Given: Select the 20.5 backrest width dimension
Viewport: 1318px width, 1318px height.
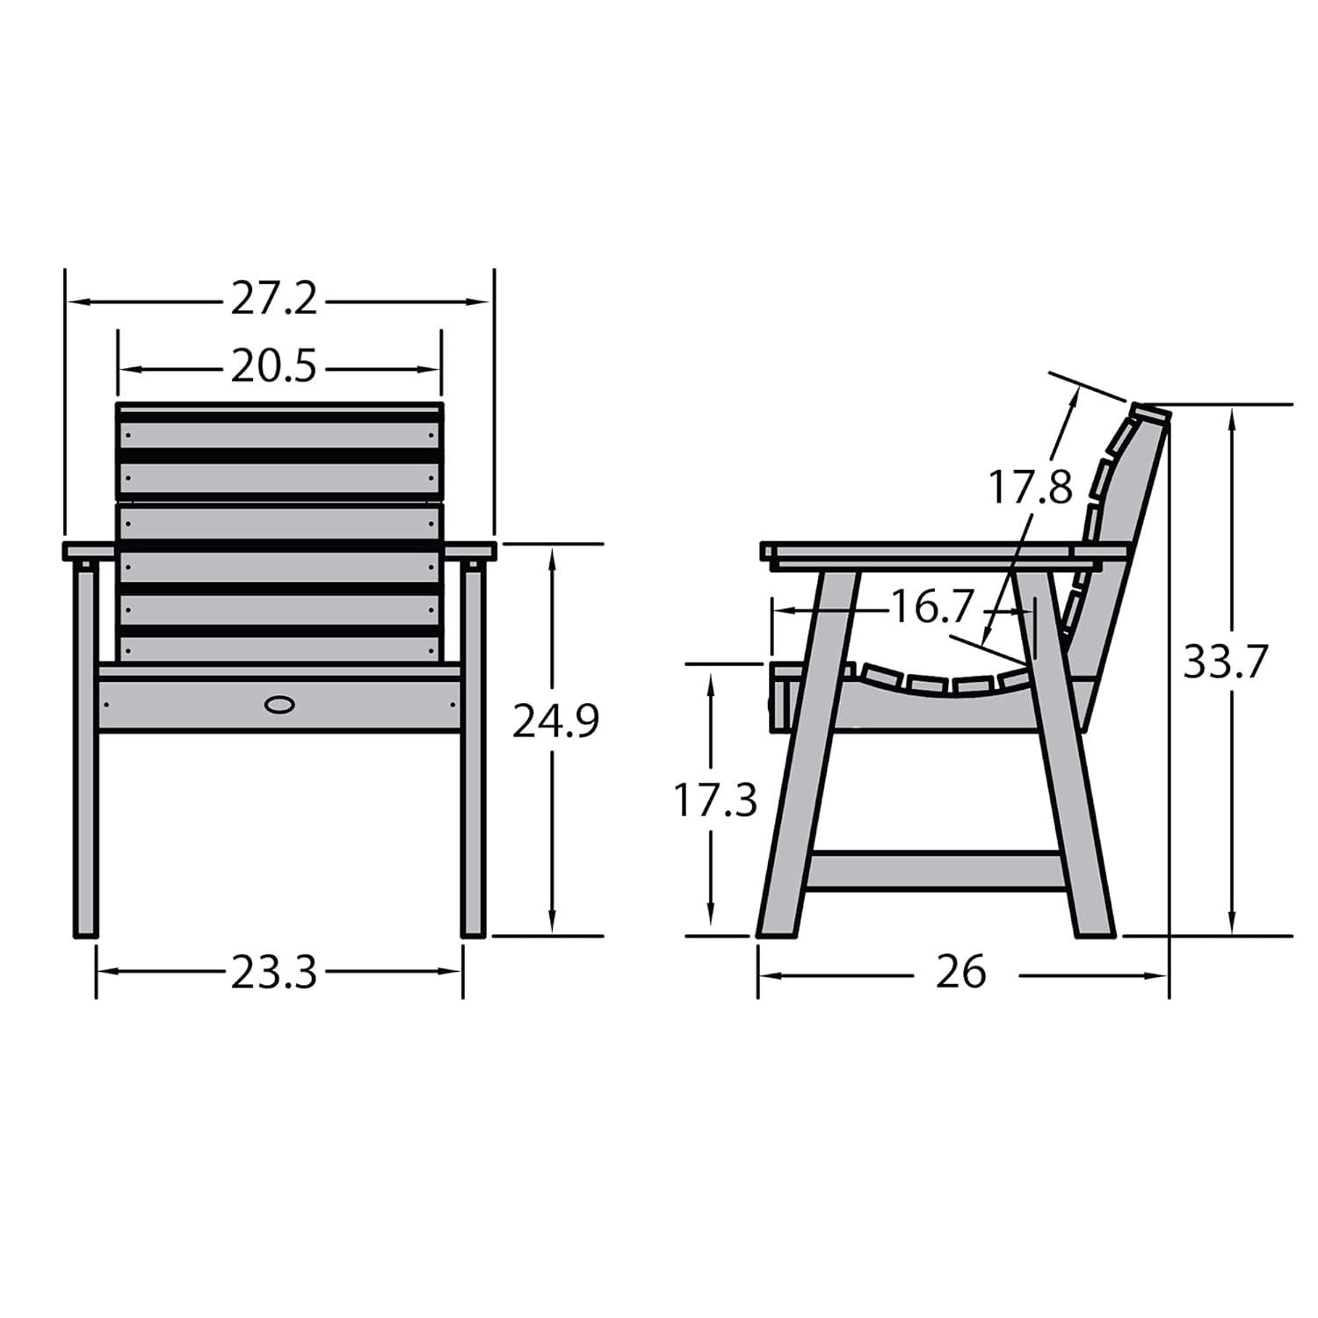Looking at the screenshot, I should click(x=273, y=367).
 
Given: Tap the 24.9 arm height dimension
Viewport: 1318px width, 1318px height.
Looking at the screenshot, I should click(x=555, y=722).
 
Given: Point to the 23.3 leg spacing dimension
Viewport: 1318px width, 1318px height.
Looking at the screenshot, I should click(x=273, y=973).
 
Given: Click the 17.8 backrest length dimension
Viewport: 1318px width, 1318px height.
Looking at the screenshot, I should click(x=1031, y=486).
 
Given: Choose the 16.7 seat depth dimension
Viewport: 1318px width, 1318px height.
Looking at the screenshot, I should click(x=932, y=606).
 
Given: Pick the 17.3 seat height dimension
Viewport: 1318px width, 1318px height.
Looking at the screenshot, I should click(x=714, y=800).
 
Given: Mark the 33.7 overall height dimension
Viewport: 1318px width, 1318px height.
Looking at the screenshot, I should click(x=1226, y=662).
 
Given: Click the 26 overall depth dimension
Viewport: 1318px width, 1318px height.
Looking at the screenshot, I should click(x=960, y=973).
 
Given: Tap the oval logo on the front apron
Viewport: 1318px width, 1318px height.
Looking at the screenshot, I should click(x=279, y=704).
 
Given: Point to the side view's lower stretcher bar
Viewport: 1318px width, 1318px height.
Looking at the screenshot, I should click(x=936, y=868).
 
